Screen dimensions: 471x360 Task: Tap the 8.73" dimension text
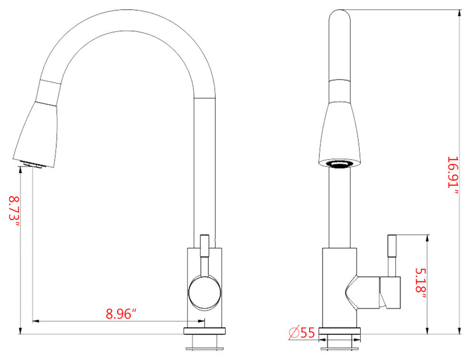click(14, 212)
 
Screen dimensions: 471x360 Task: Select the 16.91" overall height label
click(453, 175)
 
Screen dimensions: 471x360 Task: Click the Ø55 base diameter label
click(302, 332)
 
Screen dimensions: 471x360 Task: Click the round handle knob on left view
click(205, 292)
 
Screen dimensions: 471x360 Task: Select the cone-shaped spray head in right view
click(339, 133)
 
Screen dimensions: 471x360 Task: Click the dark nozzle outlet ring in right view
click(339, 164)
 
